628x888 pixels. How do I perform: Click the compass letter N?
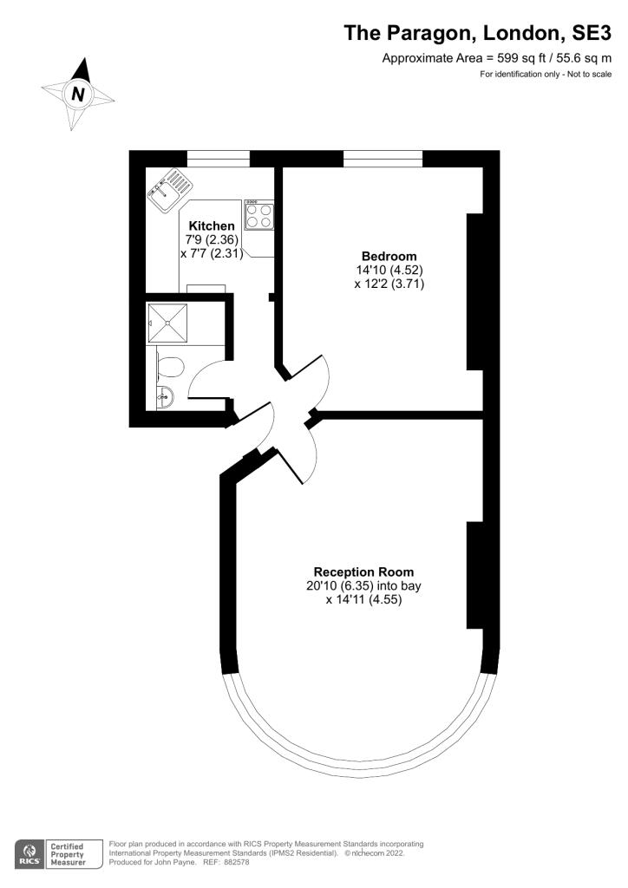click(x=78, y=95)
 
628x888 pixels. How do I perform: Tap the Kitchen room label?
click(x=213, y=225)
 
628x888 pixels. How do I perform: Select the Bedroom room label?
click(x=389, y=256)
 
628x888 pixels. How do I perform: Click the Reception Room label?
click(x=363, y=571)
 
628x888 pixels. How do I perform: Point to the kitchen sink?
click(x=168, y=190)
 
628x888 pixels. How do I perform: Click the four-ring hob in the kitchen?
click(x=258, y=213)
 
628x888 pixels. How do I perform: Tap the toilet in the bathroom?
click(x=170, y=367)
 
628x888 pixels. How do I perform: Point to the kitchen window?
click(x=218, y=158)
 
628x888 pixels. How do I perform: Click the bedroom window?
click(x=383, y=158)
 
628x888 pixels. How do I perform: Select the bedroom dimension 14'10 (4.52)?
click(x=389, y=270)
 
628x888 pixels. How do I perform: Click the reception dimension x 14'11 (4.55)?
click(x=363, y=599)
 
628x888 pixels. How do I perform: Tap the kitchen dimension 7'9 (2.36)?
click(x=212, y=240)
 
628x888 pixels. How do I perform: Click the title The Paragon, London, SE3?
click(x=478, y=33)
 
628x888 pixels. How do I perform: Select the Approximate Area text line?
click(x=497, y=58)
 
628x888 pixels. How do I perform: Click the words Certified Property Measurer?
click(x=68, y=854)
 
